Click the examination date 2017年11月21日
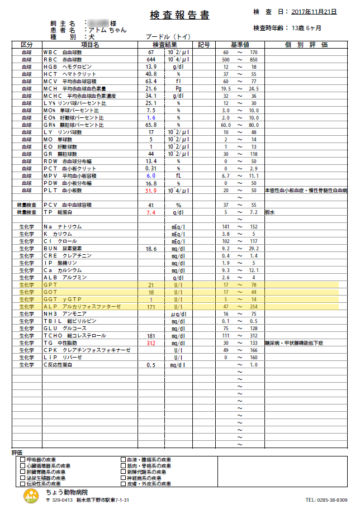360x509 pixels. tap(314, 11)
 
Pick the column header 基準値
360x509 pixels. tap(240, 44)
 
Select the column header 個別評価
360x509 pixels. tap(306, 44)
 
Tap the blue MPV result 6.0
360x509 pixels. tap(150, 176)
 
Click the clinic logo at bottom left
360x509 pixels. tap(31, 496)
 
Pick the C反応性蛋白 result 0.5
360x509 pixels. tap(150, 365)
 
